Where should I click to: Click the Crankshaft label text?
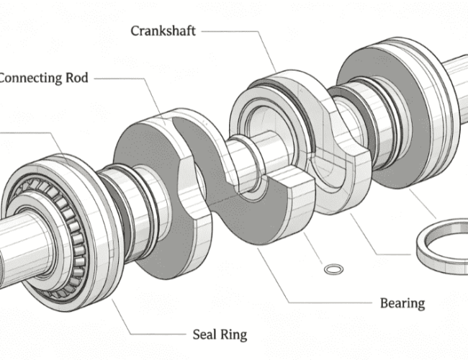tap(163, 31)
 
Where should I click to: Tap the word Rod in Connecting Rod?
tap(77, 78)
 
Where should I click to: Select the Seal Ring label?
tap(220, 335)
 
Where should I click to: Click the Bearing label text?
tap(402, 303)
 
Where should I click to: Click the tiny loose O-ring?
tap(333, 269)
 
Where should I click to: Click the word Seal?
tap(204, 334)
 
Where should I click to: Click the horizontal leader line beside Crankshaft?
tap(229, 31)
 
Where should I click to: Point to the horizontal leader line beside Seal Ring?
tap(158, 334)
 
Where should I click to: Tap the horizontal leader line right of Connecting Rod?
tap(120, 78)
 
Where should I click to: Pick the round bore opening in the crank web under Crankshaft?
tap(269, 131)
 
